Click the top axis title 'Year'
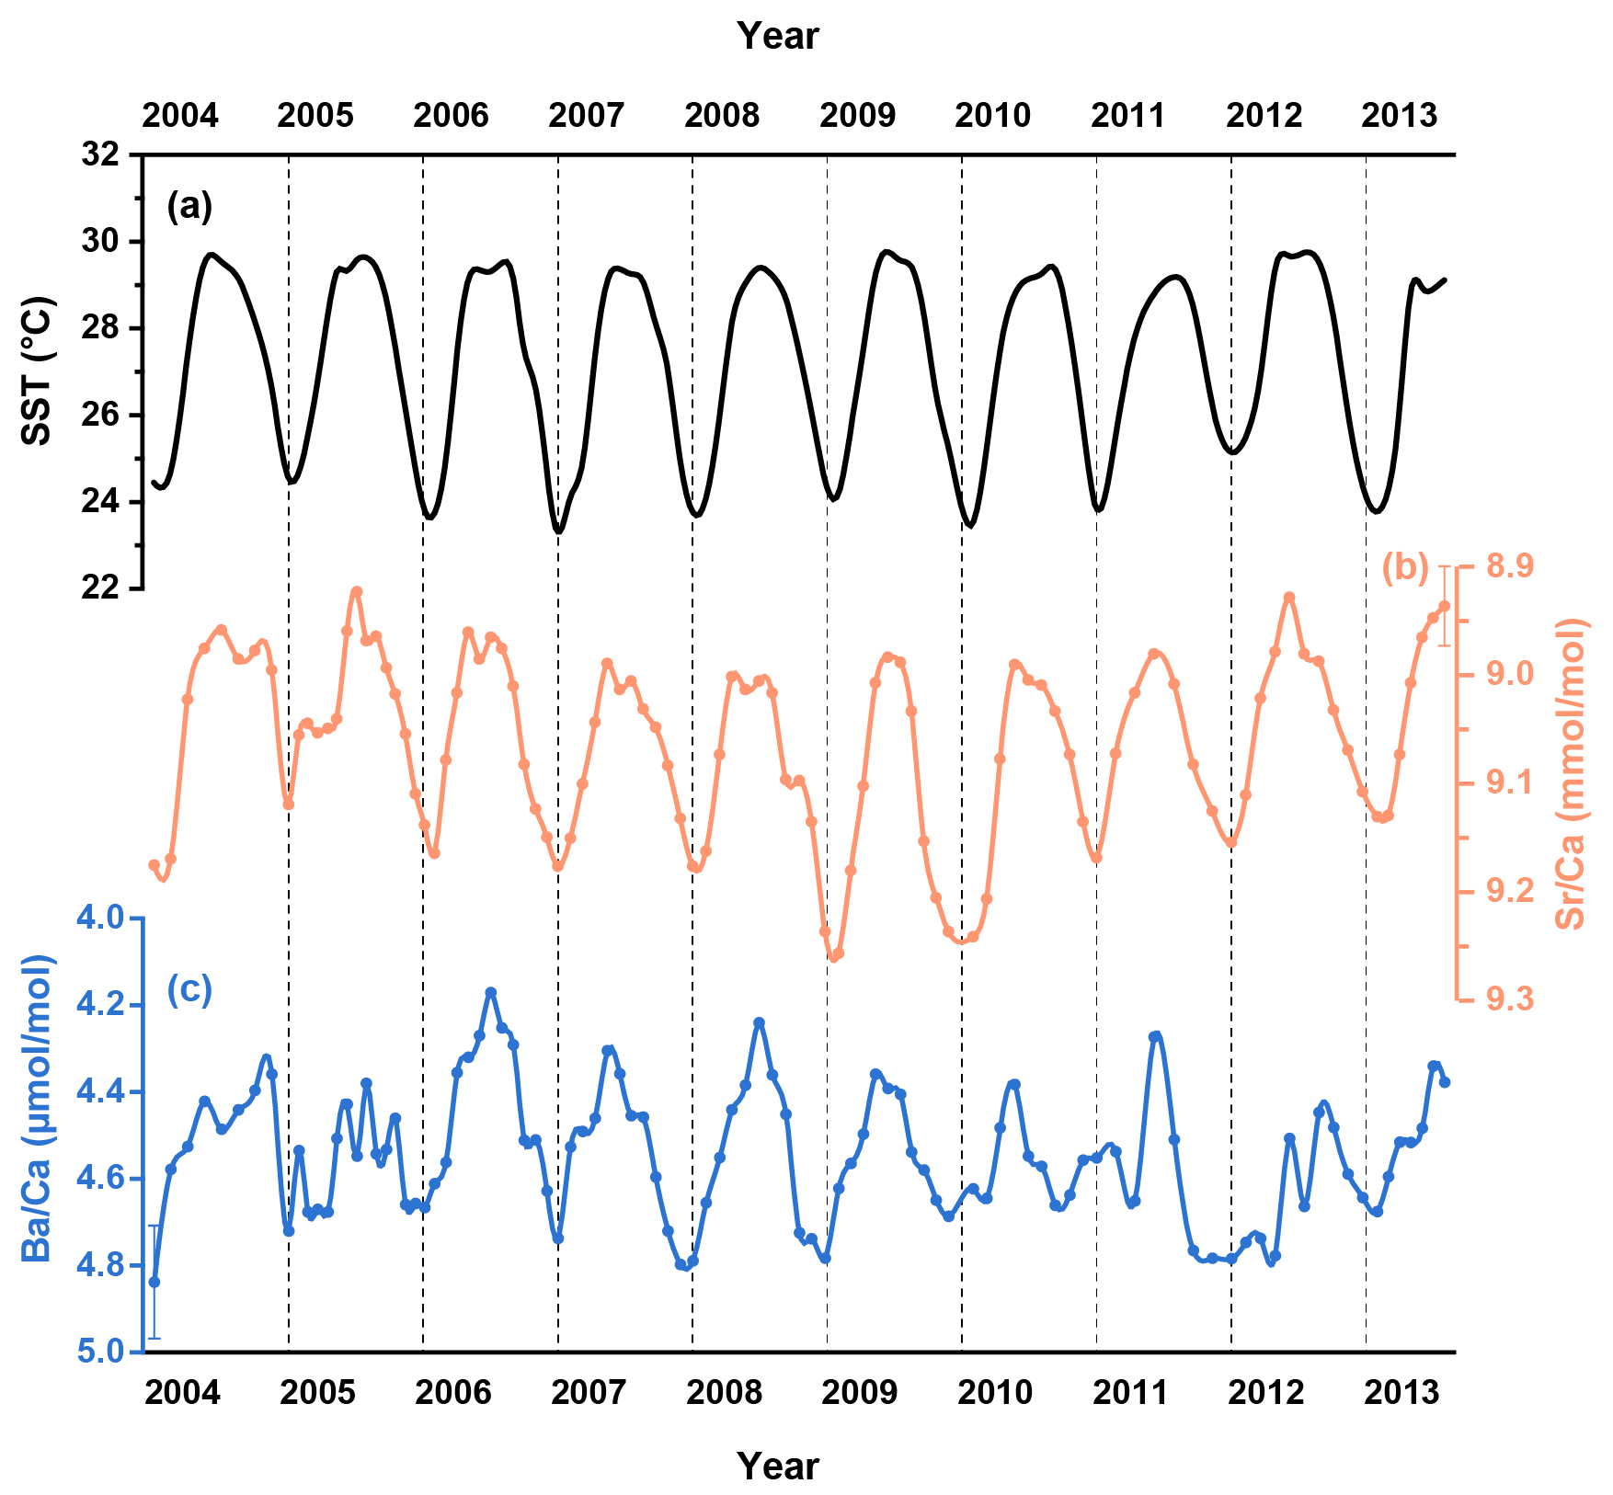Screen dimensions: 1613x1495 click(x=777, y=36)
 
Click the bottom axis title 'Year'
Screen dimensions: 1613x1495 click(x=777, y=1466)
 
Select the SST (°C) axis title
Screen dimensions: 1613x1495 click(x=37, y=371)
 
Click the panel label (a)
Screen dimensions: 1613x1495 click(x=189, y=206)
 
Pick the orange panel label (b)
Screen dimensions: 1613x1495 click(x=1405, y=567)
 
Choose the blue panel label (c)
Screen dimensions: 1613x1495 click(x=189, y=989)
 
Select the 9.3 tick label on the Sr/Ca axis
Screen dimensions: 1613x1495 click(x=1509, y=999)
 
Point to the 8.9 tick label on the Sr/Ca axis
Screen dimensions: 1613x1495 click(x=1509, y=565)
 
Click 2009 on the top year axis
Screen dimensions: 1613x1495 click(x=857, y=116)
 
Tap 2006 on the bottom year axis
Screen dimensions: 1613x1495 click(x=453, y=1393)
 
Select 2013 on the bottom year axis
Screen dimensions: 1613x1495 click(x=1401, y=1393)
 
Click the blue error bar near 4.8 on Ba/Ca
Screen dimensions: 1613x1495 click(x=154, y=1282)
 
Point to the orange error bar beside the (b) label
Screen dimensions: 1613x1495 click(x=1445, y=606)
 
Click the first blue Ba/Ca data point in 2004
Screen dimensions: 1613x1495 click(x=154, y=1282)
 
